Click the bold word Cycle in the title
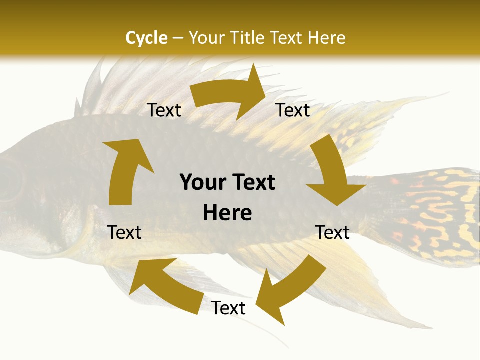pos(146,38)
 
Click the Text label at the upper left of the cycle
pos(164,110)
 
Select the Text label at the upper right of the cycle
pos(293,110)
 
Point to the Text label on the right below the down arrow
pos(332,232)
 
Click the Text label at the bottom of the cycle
pos(228,308)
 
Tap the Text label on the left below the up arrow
pos(125,232)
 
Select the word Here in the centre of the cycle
pos(227,213)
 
